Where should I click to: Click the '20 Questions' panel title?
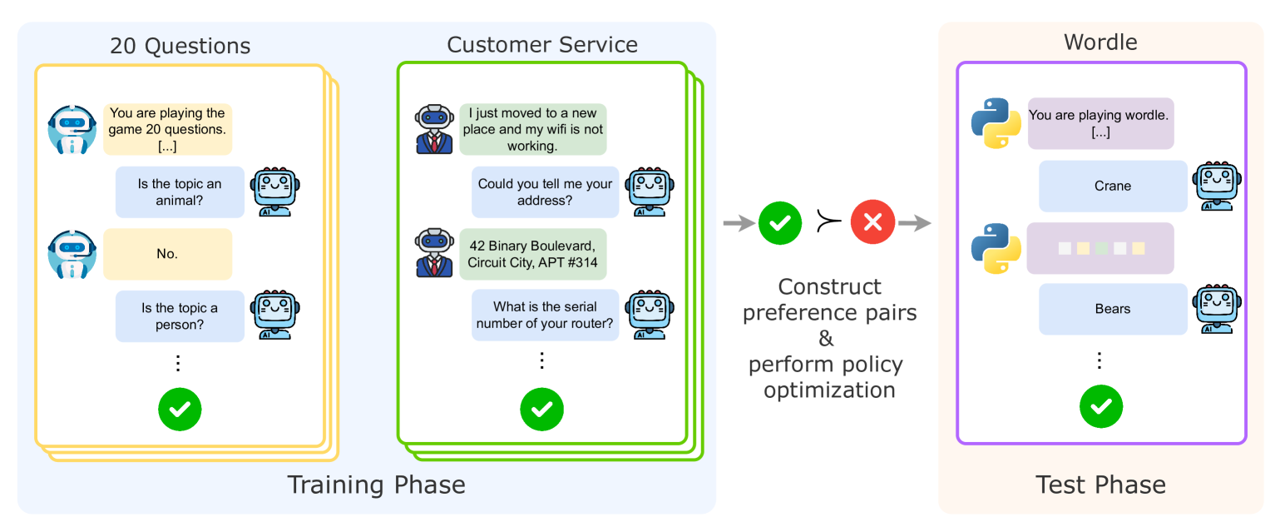[x=180, y=45]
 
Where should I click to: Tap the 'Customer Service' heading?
[x=542, y=44]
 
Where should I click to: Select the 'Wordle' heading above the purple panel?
[x=1100, y=42]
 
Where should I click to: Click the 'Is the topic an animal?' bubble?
[x=180, y=192]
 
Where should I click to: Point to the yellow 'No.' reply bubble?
[x=167, y=254]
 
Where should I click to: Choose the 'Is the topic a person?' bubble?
[x=180, y=316]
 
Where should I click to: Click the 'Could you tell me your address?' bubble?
[x=545, y=192]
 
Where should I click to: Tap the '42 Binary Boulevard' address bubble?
[x=532, y=255]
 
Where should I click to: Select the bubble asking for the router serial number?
[x=545, y=316]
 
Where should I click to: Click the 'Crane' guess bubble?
[x=1113, y=186]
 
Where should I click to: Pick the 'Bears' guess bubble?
[x=1113, y=309]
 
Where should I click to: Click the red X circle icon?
[x=872, y=222]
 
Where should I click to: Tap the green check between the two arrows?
[x=780, y=222]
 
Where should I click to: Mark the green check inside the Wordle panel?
[x=1101, y=406]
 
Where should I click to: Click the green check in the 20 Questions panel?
[x=180, y=409]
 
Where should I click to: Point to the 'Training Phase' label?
[x=376, y=485]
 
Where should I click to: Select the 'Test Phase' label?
[x=1100, y=485]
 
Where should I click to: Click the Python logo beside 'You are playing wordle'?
[x=996, y=123]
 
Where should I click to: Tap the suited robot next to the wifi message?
[x=434, y=129]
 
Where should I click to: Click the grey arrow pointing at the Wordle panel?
[x=915, y=222]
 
